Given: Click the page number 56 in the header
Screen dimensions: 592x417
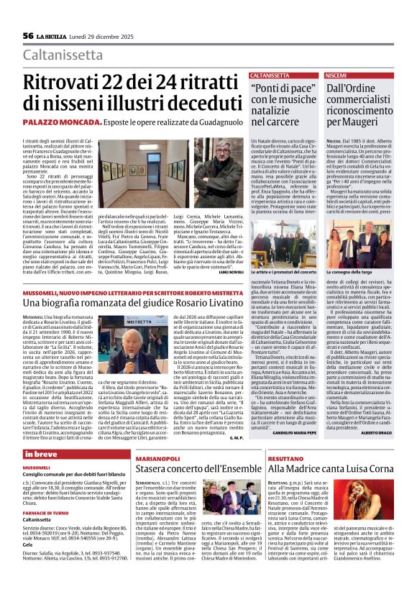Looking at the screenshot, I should (29, 35).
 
